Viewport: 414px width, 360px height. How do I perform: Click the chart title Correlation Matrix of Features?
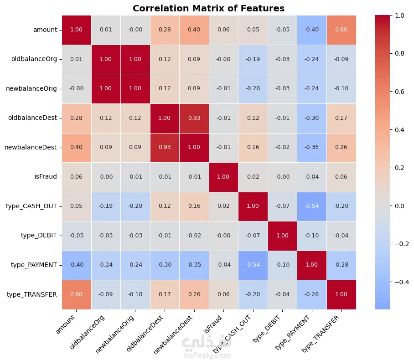coord(208,8)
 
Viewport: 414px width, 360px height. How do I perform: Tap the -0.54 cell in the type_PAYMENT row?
coord(254,265)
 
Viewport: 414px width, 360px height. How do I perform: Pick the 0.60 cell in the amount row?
coord(342,30)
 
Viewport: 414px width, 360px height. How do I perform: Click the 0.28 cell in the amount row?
coord(165,30)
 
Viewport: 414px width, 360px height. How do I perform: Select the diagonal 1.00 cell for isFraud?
coord(224,176)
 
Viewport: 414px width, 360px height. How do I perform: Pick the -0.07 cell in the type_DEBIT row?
coord(254,235)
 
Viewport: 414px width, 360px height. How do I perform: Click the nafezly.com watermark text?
coord(207,355)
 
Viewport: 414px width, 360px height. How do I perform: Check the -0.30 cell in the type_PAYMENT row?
coord(165,265)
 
